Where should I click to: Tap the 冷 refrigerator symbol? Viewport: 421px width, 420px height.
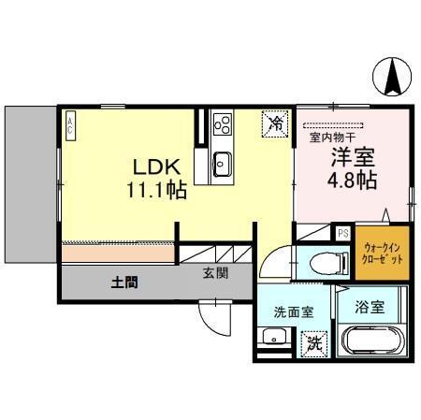pos(276,122)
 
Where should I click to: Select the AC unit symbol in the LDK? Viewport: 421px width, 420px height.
pos(70,125)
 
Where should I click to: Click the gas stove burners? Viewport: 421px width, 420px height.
pos(224,123)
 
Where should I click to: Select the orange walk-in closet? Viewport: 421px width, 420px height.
pos(384,252)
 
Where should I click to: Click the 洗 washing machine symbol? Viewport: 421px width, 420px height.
pos(315,342)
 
